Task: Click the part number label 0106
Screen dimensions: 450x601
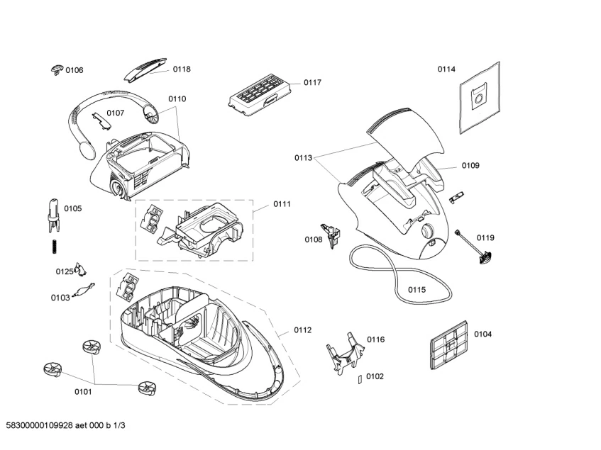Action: click(x=75, y=70)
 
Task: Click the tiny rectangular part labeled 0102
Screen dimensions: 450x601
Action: click(x=360, y=378)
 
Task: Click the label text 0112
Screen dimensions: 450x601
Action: click(x=303, y=330)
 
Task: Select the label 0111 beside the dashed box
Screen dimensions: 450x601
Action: click(x=282, y=204)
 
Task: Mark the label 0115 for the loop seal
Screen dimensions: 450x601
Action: click(x=417, y=290)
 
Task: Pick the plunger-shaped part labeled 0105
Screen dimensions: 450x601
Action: click(x=53, y=213)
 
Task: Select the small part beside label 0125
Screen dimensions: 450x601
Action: click(x=83, y=270)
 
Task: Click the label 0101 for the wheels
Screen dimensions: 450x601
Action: click(x=83, y=390)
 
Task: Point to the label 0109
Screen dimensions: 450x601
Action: click(x=470, y=166)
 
